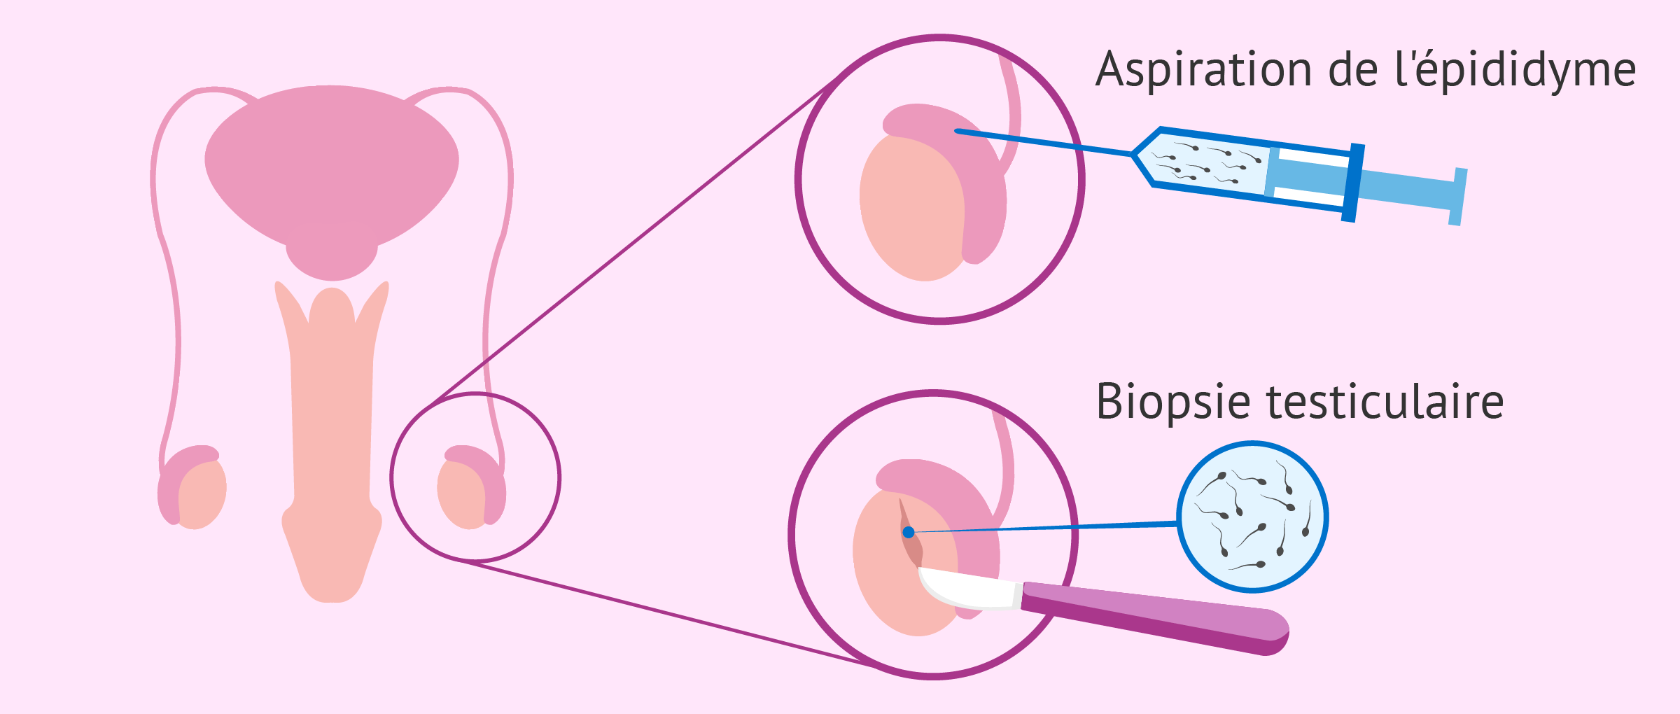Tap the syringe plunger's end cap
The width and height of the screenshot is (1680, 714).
pos(1457,197)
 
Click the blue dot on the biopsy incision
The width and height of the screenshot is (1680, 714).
pos(909,533)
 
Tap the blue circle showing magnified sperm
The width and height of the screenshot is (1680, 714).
pos(1252,517)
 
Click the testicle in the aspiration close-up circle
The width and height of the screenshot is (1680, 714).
pos(910,210)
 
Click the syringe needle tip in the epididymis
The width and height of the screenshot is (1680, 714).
pos(958,131)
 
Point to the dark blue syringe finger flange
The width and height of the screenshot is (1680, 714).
pos(1352,183)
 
